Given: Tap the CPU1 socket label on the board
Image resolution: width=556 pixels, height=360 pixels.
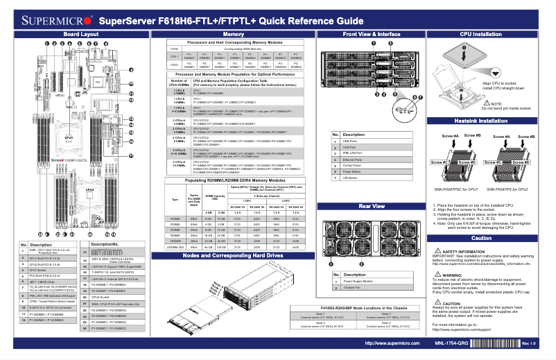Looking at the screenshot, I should click(69, 137).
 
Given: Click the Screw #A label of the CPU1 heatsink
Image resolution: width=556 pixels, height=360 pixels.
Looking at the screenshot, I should click(450, 135).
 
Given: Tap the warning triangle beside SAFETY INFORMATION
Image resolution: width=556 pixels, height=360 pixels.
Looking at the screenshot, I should click(436, 250).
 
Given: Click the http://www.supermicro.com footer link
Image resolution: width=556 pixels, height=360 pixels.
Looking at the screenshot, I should click(392, 343).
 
